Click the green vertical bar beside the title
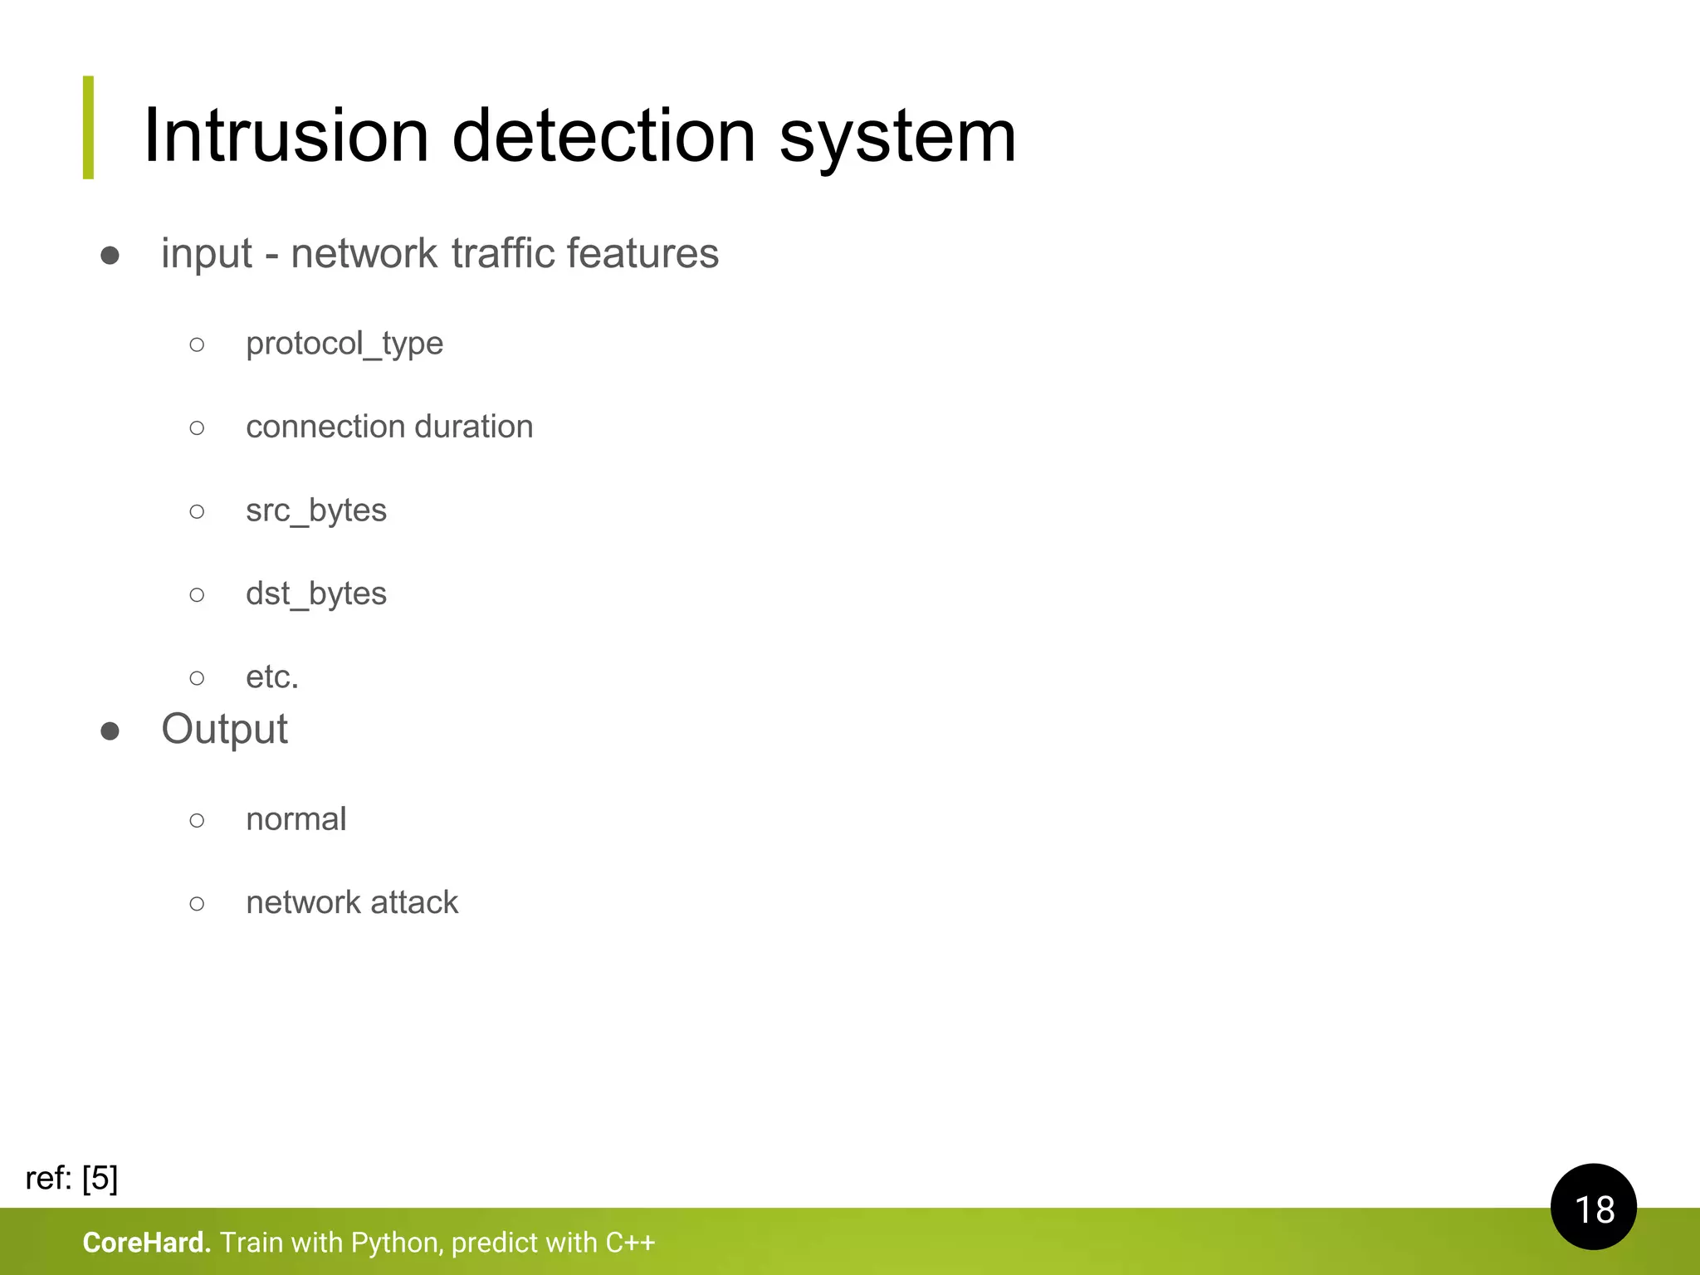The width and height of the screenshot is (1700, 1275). (89, 127)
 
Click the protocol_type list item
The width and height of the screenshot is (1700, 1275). (344, 344)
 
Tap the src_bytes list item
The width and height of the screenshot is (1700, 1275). (316, 510)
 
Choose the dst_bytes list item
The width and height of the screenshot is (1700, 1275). (316, 594)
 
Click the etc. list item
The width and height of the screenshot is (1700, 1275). (271, 677)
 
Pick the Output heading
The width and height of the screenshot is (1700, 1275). (224, 730)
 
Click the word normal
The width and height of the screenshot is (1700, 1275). (296, 819)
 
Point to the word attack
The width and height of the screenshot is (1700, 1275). (413, 902)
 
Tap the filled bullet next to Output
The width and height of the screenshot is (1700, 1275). (110, 731)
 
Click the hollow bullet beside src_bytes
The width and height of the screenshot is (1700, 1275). (197, 511)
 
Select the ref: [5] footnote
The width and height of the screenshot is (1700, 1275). (72, 1178)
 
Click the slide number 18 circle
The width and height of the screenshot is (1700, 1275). (1593, 1207)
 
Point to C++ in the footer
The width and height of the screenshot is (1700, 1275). (630, 1243)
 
